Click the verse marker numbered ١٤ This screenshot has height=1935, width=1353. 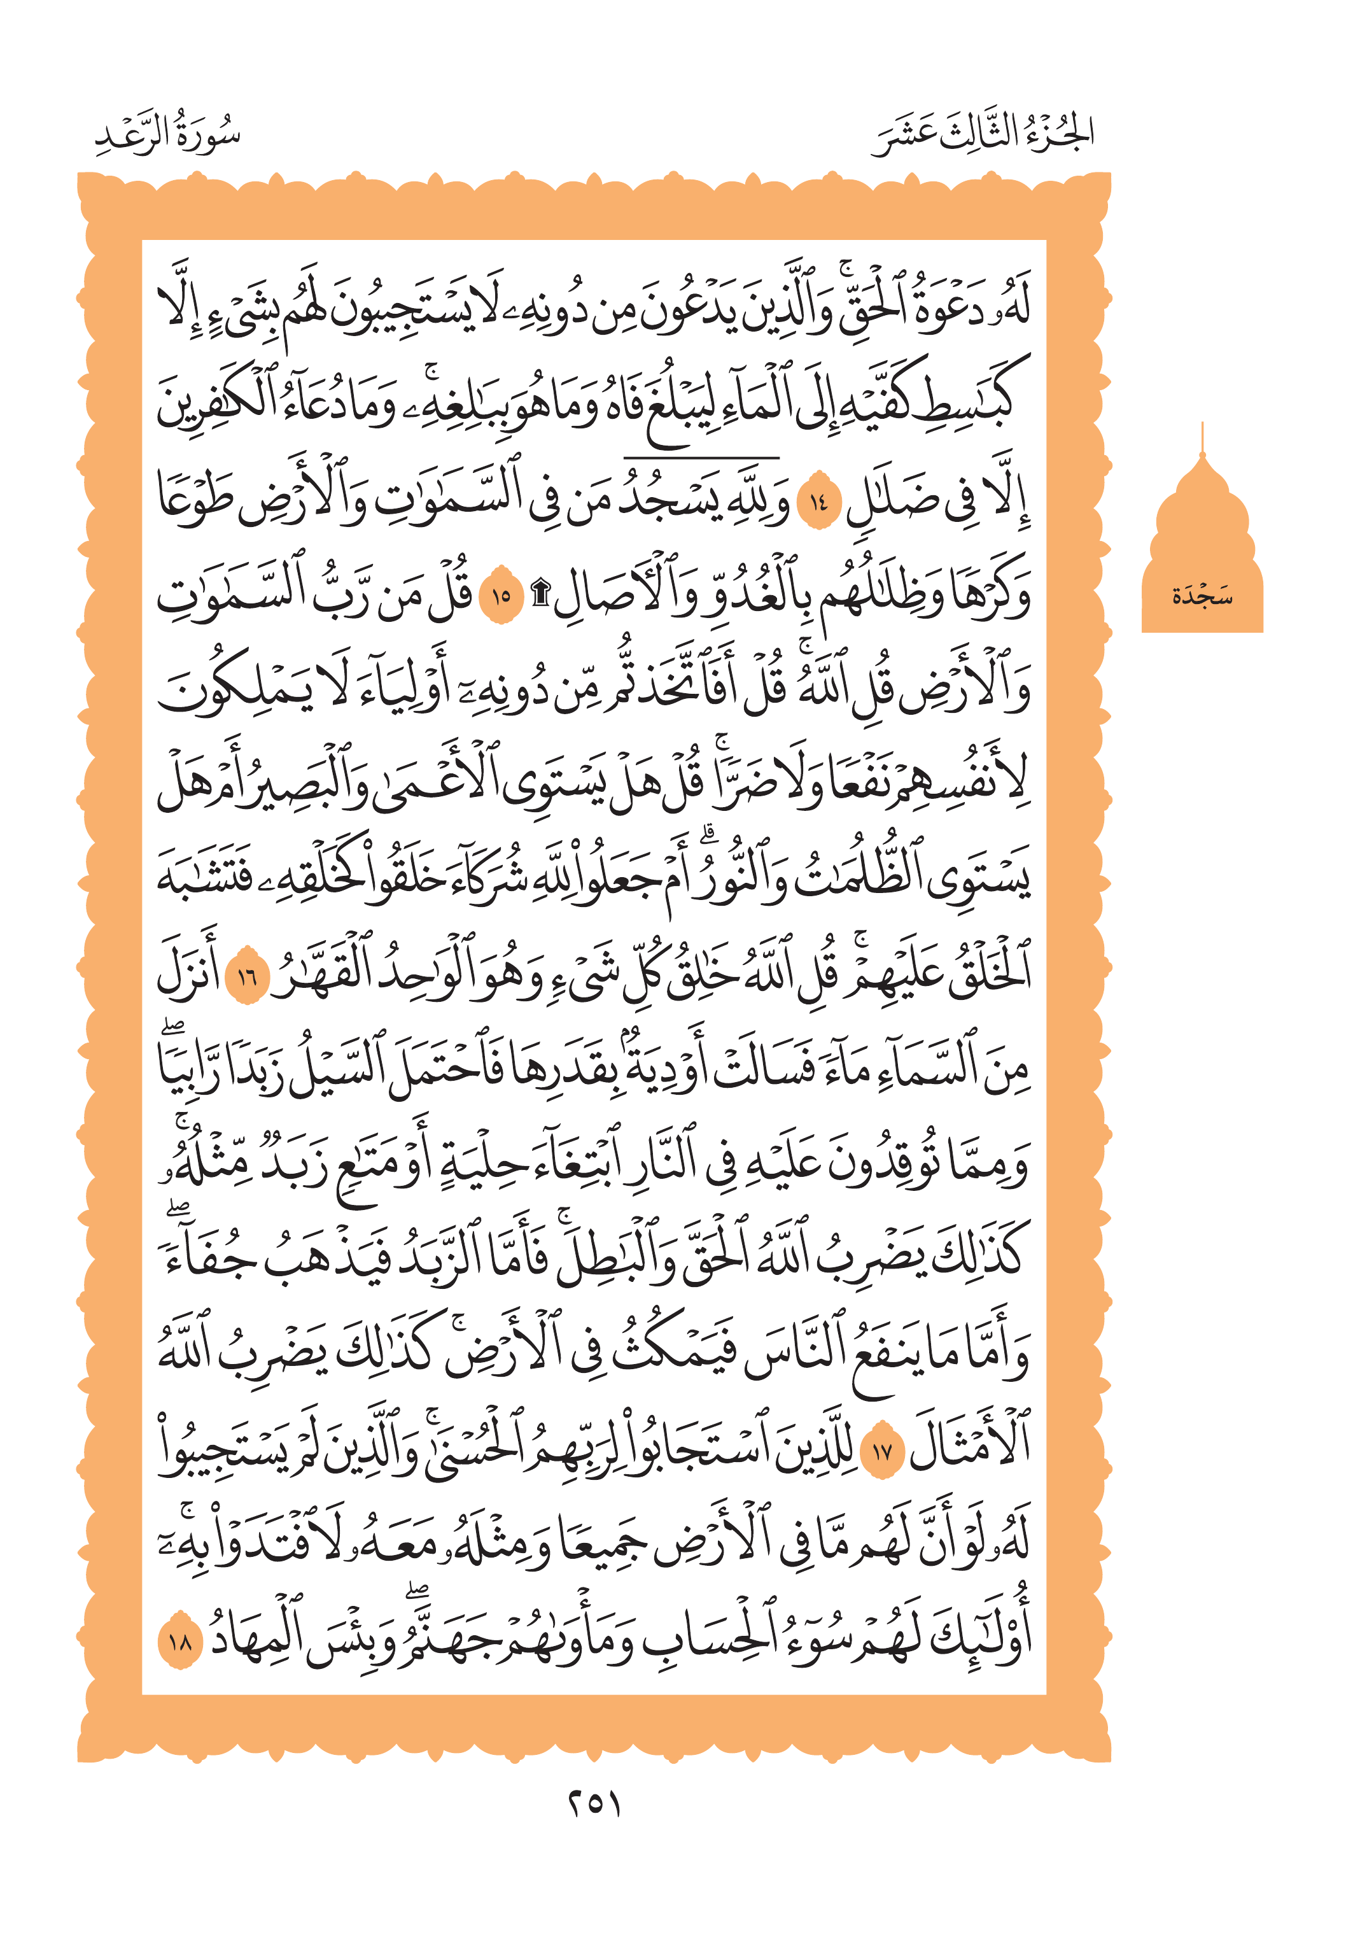click(x=818, y=504)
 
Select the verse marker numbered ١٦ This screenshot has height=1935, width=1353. click(x=247, y=978)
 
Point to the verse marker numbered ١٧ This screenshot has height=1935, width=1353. click(x=882, y=1452)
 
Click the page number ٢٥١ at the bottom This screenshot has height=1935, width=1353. click(x=592, y=1805)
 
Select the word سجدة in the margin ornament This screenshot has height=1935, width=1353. click(x=1202, y=596)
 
